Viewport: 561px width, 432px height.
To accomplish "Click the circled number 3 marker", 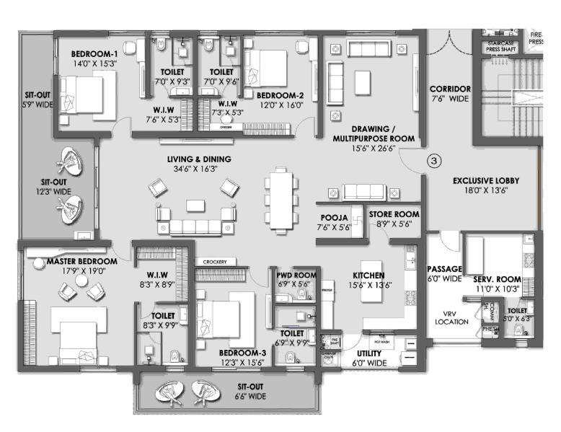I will coord(433,160).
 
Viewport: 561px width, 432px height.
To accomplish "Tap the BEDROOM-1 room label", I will coord(94,53).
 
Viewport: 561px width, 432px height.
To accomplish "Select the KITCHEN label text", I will coord(368,275).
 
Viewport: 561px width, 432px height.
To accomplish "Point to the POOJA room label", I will coord(335,217).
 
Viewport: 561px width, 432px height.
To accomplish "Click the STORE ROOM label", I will coord(394,214).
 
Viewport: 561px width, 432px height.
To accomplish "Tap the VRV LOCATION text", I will coord(453,317).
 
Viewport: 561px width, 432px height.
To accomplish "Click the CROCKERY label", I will coord(214,261).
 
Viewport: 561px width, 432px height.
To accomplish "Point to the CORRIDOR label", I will coord(450,89).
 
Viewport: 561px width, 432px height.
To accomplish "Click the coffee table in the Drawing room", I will coord(361,81).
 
